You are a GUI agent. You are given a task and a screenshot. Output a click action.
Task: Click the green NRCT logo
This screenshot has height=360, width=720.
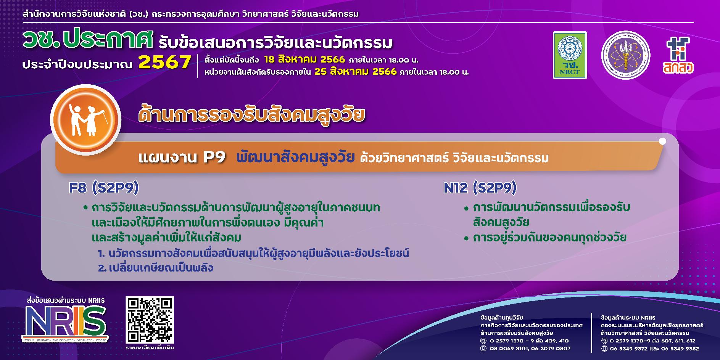[x=570, y=55]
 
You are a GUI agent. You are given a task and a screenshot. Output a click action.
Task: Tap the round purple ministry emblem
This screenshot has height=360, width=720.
[x=625, y=55]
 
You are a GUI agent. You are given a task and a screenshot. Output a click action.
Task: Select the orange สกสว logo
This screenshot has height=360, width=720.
[x=678, y=55]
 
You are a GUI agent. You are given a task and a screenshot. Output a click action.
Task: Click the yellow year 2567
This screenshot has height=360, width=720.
[x=164, y=62]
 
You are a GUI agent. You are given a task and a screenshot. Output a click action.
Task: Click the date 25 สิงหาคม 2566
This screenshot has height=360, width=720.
[x=355, y=72]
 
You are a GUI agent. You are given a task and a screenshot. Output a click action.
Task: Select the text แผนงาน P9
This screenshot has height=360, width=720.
[x=182, y=157]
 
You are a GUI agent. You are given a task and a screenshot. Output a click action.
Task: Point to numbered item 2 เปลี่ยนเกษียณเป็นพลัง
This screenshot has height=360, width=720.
[x=155, y=268]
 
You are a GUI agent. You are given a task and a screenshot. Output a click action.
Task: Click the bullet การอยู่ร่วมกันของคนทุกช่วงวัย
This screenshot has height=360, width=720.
[x=549, y=238]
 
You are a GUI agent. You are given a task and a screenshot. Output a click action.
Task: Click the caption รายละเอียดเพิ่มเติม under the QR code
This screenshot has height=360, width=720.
[x=150, y=348]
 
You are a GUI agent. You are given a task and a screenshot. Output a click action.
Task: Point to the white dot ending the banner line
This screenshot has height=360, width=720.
[x=662, y=141]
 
